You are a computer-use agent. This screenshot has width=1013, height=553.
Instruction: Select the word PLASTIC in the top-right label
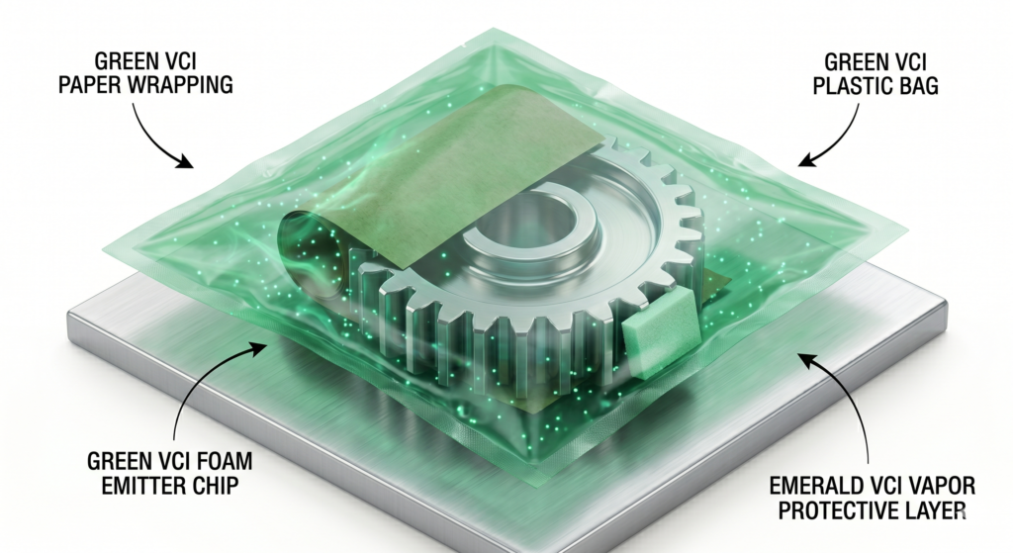click(849, 86)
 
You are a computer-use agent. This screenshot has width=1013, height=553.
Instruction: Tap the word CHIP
click(214, 486)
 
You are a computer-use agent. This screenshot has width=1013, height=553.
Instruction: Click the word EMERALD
click(815, 486)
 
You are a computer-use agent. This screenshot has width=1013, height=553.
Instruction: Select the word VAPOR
click(943, 486)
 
